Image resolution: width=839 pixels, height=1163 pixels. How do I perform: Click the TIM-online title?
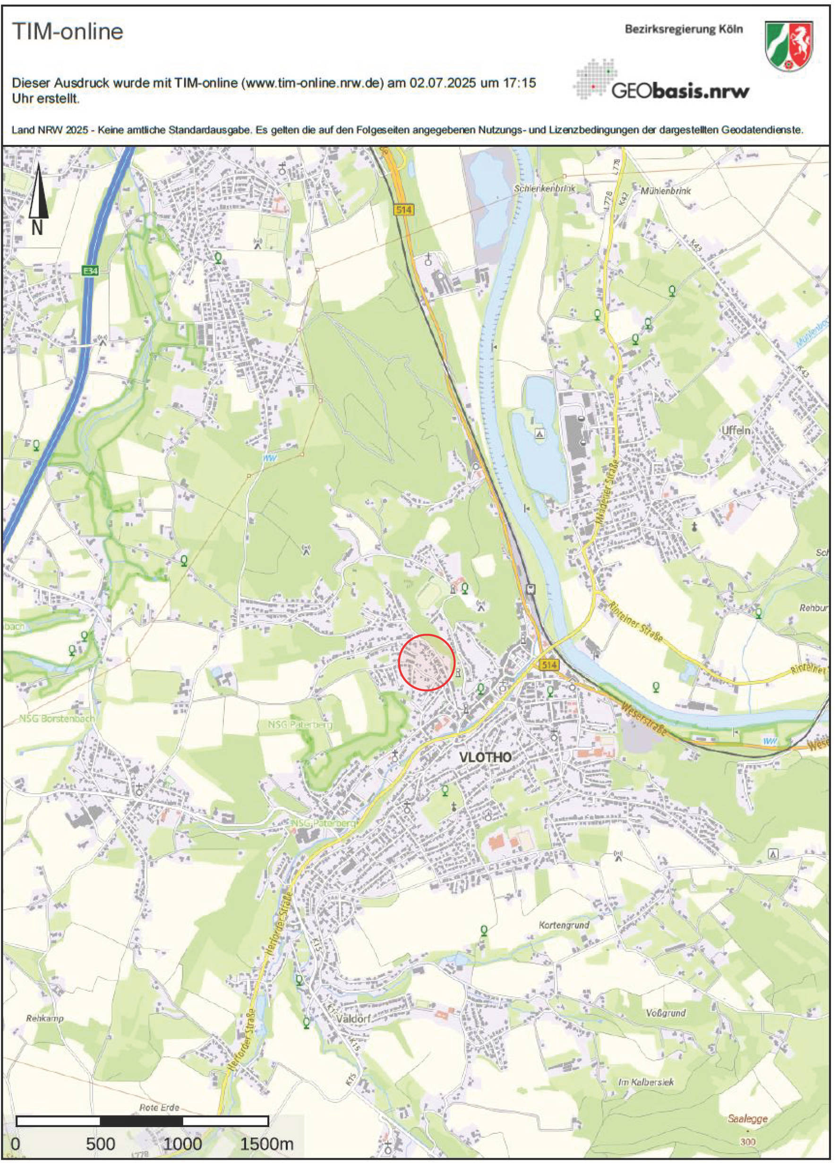68,32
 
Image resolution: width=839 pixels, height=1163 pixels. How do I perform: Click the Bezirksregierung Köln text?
683,29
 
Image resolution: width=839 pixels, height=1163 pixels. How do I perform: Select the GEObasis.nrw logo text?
680,91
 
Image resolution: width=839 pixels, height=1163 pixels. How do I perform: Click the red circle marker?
427,662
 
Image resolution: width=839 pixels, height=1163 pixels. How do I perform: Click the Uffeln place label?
736,430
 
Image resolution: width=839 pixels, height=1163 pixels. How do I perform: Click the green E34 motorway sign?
90,271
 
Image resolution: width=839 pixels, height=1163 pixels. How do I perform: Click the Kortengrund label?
564,925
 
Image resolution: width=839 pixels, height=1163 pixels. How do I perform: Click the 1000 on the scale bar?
183,1144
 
